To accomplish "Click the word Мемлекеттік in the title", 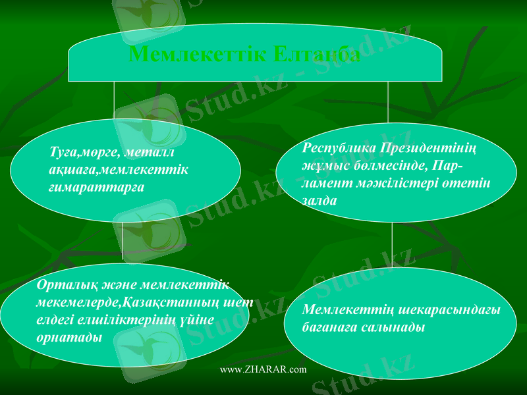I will [197, 53].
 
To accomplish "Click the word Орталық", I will [60, 285].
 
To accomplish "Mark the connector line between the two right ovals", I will [393, 245].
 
